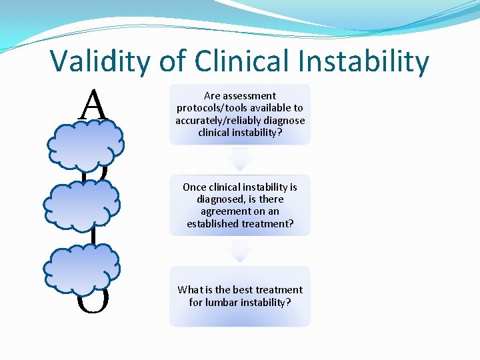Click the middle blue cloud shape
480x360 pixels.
coord(81,203)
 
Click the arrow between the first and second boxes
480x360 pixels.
coord(240,159)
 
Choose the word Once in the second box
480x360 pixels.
coord(195,187)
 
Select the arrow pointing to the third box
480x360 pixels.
coord(240,251)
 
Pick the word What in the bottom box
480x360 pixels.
coord(190,290)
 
